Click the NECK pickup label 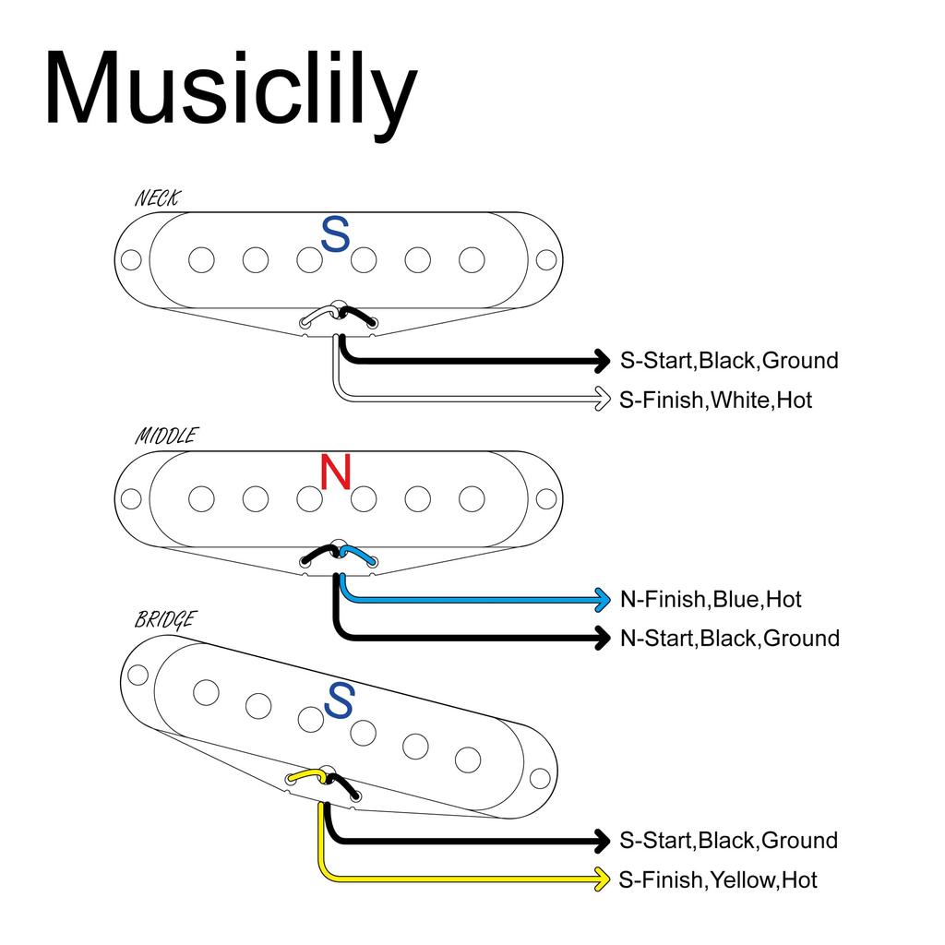[x=158, y=197]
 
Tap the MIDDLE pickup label [x=165, y=436]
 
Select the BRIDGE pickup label [x=164, y=619]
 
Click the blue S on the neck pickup [x=335, y=234]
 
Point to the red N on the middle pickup [x=335, y=472]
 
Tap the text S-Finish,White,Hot [x=716, y=400]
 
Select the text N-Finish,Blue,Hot [x=711, y=599]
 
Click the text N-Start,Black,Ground [x=729, y=638]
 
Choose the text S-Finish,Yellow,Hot [x=718, y=879]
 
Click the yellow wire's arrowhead [x=602, y=879]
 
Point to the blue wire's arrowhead [x=602, y=599]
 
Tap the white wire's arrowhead [x=602, y=399]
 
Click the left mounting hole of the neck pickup [x=132, y=260]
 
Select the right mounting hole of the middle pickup [x=546, y=498]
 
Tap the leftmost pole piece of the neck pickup [x=201, y=260]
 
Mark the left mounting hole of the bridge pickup [x=138, y=674]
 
